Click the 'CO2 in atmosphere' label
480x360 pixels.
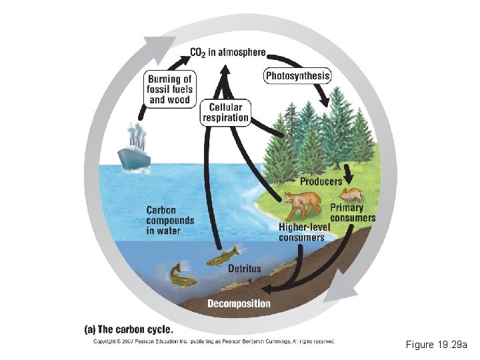coord(227,52)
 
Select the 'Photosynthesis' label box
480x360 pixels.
coord(297,76)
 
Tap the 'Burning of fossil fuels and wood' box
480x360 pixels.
coord(169,89)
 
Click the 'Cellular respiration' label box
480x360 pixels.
coord(226,113)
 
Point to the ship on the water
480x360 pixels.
coord(134,156)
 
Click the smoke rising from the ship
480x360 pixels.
coord(137,133)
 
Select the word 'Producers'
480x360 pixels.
coord(321,181)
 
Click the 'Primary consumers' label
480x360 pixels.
coord(353,213)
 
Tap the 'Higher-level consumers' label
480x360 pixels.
coord(303,232)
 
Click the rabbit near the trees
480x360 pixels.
coord(351,194)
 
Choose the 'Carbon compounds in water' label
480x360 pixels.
coord(171,221)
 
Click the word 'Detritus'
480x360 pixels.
coord(245,269)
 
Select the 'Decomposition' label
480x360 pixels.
coord(239,304)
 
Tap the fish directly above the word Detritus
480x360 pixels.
coord(223,255)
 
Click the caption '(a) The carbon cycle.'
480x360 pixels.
coord(128,329)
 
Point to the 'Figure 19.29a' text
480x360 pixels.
coord(437,345)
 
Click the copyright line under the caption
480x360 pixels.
coord(213,341)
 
